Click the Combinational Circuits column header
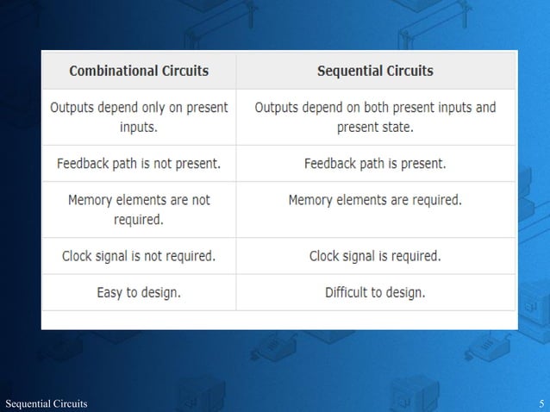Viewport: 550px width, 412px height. click(x=138, y=70)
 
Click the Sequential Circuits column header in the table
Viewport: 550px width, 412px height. click(x=375, y=70)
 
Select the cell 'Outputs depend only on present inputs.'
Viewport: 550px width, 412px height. click(x=138, y=117)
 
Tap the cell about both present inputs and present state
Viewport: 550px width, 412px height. click(x=375, y=117)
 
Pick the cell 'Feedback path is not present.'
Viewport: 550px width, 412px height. click(x=138, y=163)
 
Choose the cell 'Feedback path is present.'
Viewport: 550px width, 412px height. click(x=375, y=163)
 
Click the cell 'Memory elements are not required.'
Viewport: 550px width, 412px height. click(x=138, y=209)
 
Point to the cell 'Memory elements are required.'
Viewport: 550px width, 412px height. click(x=375, y=200)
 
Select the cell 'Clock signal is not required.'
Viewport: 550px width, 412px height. click(x=138, y=256)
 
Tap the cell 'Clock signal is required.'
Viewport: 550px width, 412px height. click(x=375, y=256)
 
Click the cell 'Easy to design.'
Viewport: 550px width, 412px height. click(x=138, y=292)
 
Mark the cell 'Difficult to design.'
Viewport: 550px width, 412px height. click(x=375, y=292)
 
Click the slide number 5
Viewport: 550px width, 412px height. click(x=541, y=403)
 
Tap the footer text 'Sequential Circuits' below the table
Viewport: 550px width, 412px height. click(x=46, y=403)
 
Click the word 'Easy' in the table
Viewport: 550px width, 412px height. click(x=110, y=292)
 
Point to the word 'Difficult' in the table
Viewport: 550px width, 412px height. click(x=350, y=292)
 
